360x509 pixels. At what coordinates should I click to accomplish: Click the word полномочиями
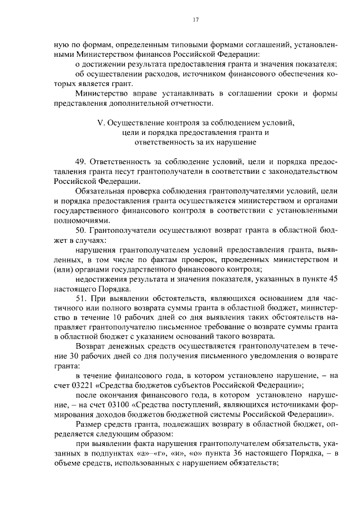[x=79, y=220]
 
